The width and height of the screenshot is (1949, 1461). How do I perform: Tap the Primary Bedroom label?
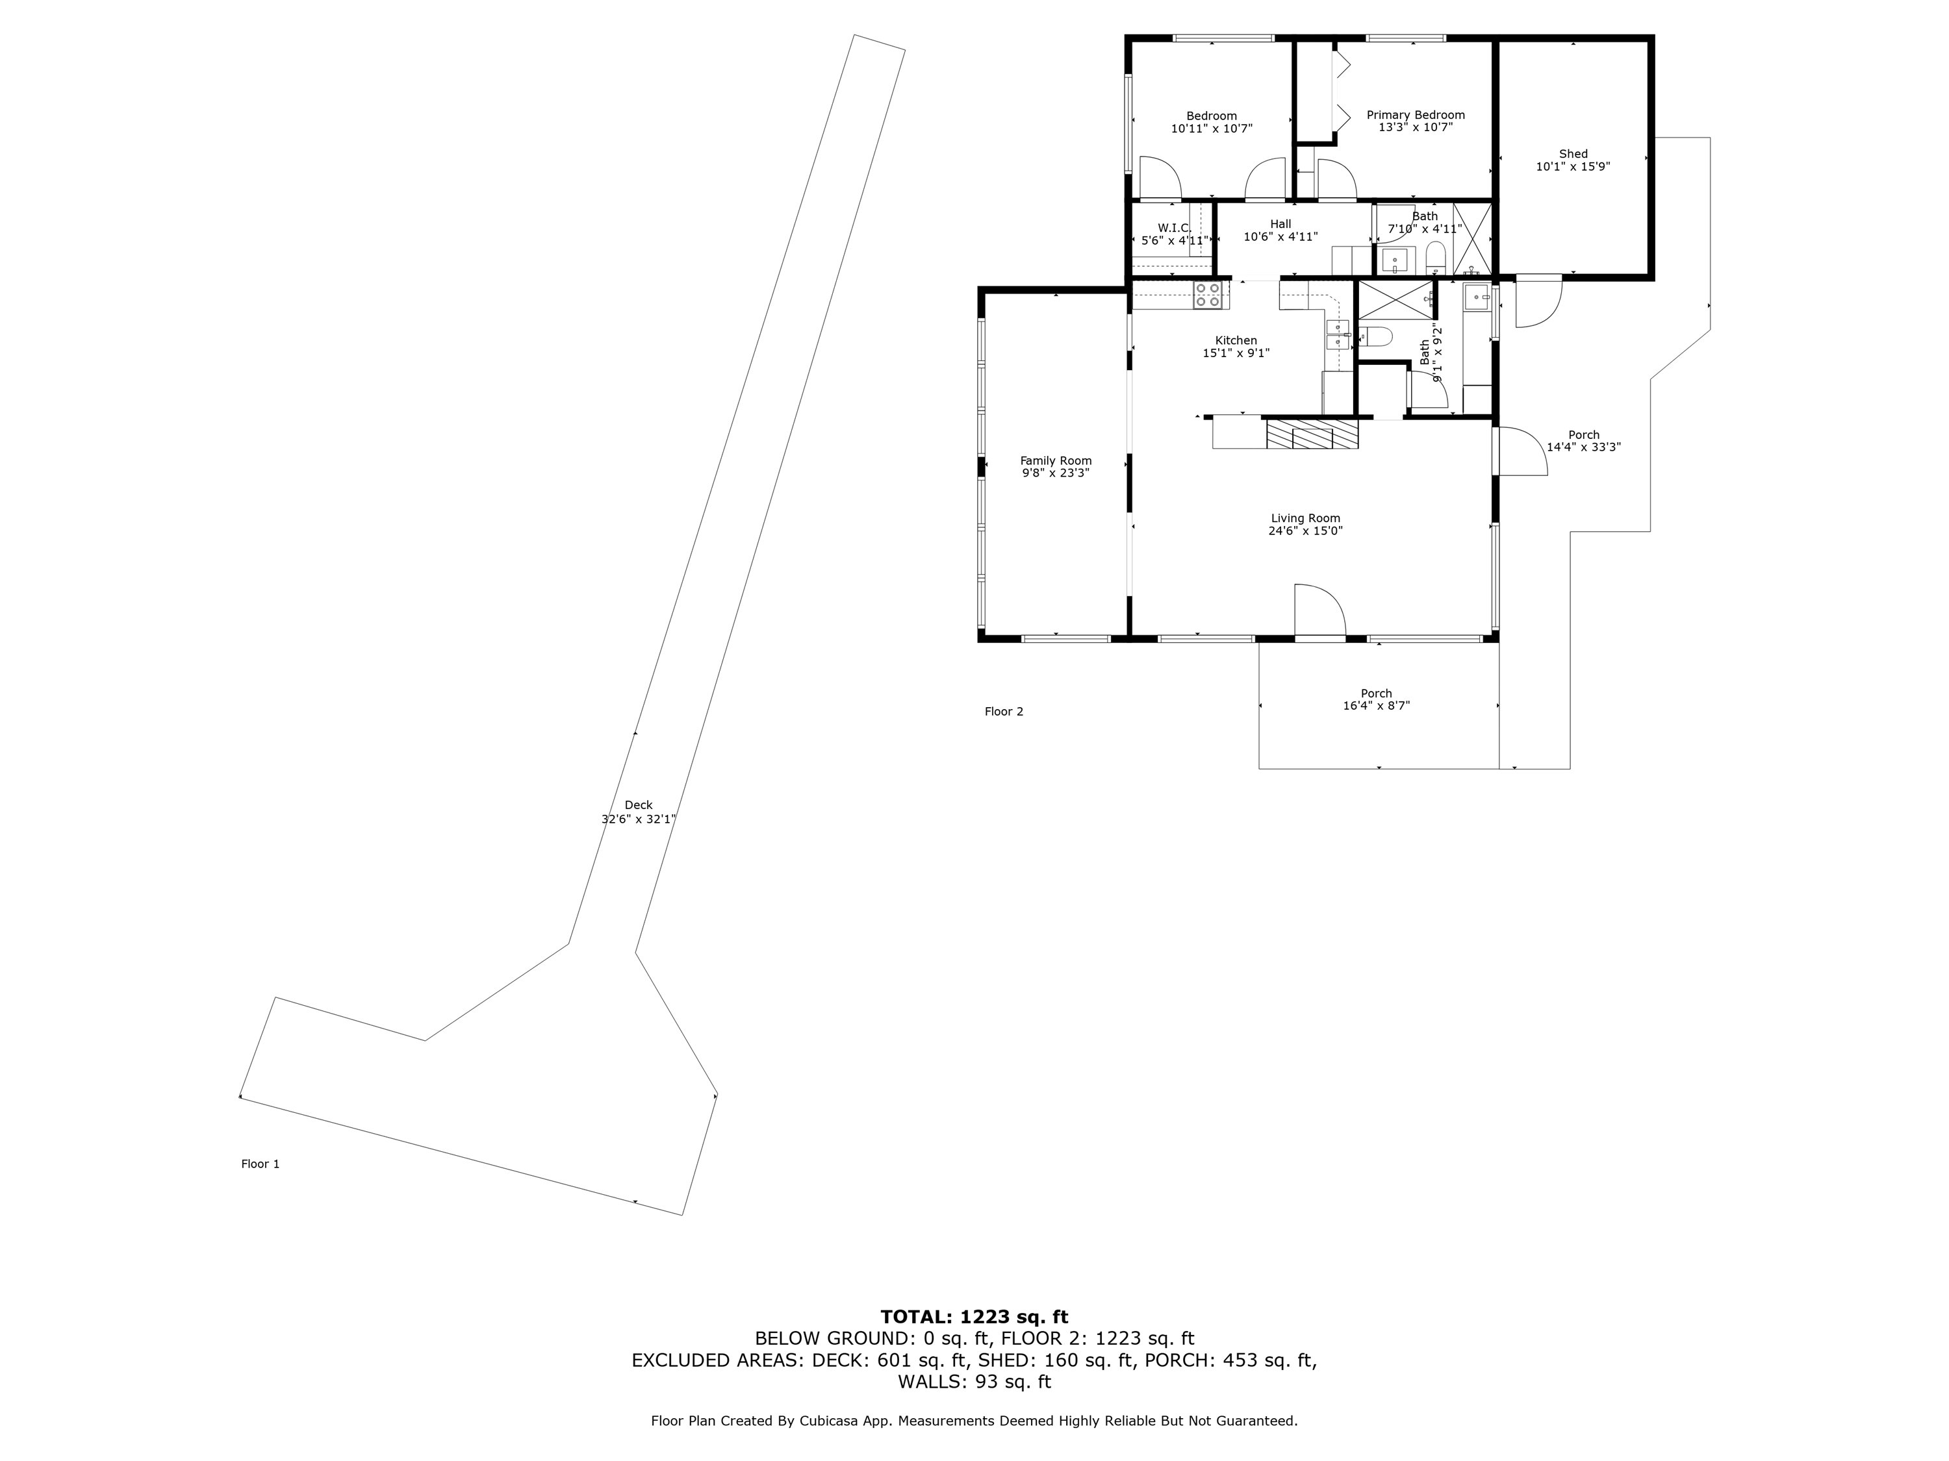coord(1415,114)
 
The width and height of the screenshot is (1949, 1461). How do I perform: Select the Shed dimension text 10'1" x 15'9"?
coord(1573,166)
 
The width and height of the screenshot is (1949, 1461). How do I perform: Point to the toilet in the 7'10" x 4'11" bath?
coord(1435,257)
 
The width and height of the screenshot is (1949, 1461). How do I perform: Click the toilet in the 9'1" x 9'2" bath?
coord(1375,336)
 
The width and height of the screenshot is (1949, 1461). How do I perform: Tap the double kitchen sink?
coord(1338,336)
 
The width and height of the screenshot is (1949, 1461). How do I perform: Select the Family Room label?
coord(1056,460)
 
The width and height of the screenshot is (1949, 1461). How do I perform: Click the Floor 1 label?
coord(260,1164)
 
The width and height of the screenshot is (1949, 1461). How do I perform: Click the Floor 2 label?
coord(1004,712)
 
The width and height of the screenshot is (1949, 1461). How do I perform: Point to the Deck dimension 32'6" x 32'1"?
coord(638,819)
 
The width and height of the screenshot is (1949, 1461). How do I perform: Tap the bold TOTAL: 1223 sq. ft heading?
coord(974,1317)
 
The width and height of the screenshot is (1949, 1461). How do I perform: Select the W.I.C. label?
coord(1174,228)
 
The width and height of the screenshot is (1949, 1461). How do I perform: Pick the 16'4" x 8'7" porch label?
coord(1375,699)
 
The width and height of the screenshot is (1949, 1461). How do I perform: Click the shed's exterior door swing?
coord(1538,302)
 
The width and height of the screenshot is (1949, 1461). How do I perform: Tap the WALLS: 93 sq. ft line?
coord(974,1382)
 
